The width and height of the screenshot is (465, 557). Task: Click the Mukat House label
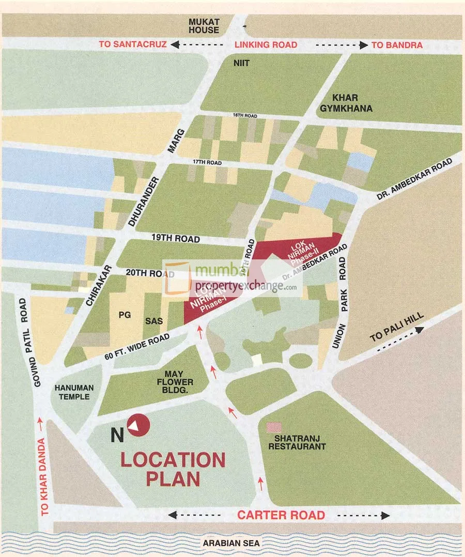pos(204,26)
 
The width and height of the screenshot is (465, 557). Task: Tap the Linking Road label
pos(266,45)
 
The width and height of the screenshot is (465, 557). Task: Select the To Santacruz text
pos(133,45)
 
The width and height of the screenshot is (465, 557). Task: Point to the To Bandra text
pos(397,45)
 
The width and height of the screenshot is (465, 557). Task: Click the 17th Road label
pos(207,163)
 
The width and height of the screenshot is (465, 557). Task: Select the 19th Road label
pos(176,239)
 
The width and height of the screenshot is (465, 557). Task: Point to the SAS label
pos(154,321)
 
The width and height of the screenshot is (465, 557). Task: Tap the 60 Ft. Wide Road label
pos(137,346)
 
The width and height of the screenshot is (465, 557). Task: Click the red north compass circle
pos(138,426)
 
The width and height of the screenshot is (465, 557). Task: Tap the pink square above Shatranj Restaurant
pos(274,428)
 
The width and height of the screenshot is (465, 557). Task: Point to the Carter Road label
pos(281,515)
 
